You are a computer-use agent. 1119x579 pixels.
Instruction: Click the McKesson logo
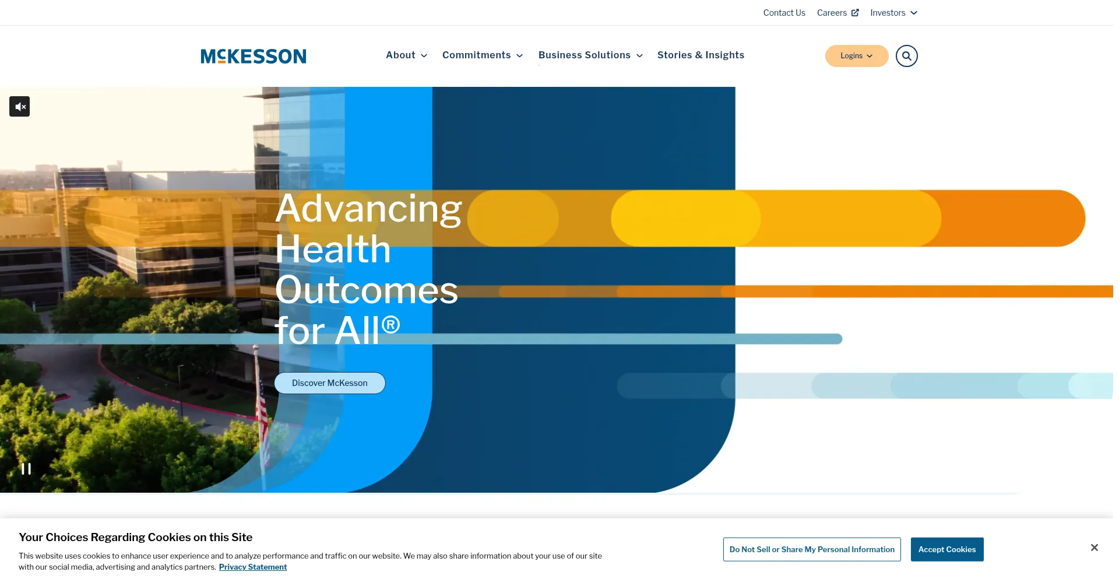[254, 56]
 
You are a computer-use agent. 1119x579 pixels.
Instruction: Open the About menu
[406, 55]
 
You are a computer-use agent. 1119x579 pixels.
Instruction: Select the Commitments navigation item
[483, 55]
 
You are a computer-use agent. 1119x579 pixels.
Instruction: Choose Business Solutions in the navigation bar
[590, 55]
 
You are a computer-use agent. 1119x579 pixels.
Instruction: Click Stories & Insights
[701, 55]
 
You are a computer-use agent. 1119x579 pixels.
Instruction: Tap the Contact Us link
[784, 13]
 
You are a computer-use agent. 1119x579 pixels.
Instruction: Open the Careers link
[838, 13]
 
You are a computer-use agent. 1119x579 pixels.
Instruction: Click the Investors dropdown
[893, 13]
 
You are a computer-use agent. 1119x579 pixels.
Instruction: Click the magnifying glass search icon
[906, 56]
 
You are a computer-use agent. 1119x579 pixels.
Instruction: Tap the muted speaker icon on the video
[20, 107]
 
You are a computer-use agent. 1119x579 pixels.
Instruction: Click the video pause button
[26, 469]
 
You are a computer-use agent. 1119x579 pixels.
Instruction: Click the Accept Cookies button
[947, 549]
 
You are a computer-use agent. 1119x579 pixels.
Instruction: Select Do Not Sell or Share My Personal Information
[812, 549]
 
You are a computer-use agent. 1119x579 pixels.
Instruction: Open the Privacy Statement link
[253, 567]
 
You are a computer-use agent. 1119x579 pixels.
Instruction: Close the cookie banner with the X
[1094, 548]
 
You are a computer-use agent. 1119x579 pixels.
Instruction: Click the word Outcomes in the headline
[367, 290]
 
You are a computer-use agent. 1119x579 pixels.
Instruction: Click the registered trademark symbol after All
[390, 324]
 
